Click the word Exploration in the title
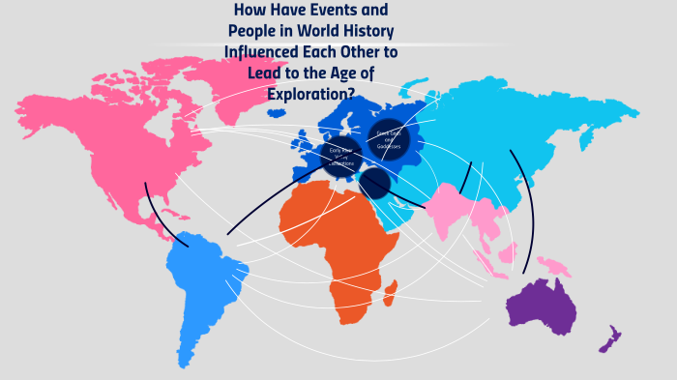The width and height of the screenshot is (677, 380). tap(305, 93)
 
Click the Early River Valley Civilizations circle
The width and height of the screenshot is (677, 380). tap(342, 155)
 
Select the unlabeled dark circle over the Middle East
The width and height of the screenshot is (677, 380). tap(374, 184)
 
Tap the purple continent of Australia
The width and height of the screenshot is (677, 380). tap(543, 306)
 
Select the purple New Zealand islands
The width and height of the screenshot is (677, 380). tap(608, 339)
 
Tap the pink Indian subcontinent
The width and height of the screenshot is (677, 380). tap(445, 214)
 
